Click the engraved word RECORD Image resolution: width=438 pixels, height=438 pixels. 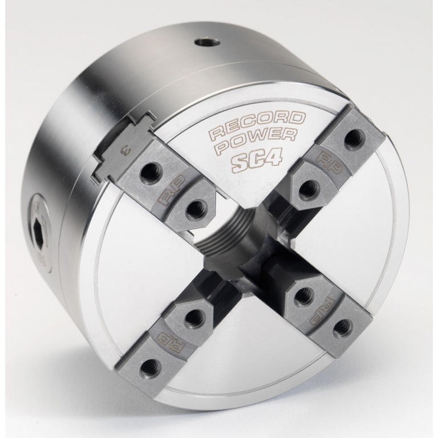point(257,124)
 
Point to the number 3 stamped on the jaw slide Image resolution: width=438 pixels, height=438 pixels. point(123,151)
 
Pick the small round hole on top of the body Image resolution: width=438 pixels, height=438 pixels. point(207,42)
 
